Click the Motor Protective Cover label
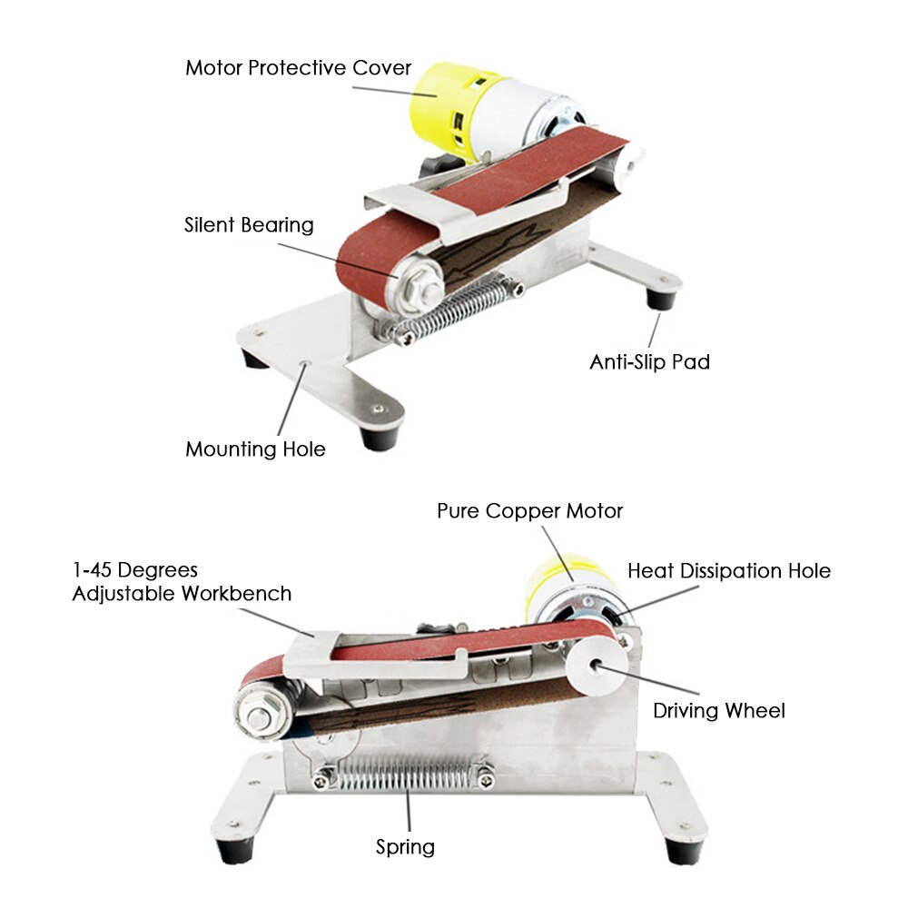(x=298, y=68)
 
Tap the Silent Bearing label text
(x=249, y=225)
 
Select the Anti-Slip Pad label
(x=649, y=362)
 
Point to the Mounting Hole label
(x=255, y=449)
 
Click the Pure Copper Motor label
(x=529, y=511)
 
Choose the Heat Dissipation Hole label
(x=729, y=571)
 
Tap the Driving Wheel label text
(x=719, y=710)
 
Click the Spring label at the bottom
(x=405, y=847)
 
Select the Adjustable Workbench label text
(x=182, y=594)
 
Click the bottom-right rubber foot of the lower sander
(x=683, y=849)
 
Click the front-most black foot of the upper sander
(x=378, y=437)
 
